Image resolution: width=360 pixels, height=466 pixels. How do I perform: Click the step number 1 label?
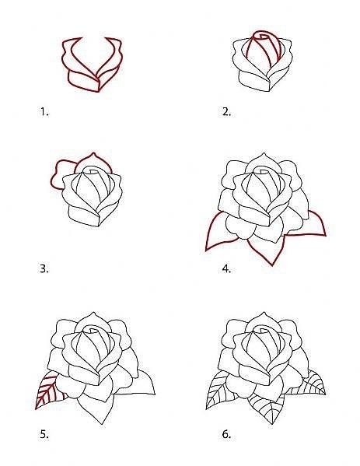coord(44,112)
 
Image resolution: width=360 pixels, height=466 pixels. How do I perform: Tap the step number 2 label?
coord(226,112)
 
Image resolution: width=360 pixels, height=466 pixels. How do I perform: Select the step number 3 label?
coord(44,268)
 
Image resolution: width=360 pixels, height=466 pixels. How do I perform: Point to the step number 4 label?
coord(226,268)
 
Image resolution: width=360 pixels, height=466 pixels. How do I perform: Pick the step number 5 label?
coord(44,434)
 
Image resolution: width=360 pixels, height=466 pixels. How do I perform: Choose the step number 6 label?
coord(226,434)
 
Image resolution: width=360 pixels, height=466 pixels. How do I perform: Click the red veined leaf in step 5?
coord(47,391)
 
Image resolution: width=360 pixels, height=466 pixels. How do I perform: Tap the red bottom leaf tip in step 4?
coord(272,265)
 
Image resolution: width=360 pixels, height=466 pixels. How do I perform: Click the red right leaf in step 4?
coord(316,226)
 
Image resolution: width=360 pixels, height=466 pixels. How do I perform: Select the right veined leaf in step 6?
coord(312,385)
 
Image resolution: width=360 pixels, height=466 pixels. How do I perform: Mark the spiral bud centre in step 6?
coord(263,329)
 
